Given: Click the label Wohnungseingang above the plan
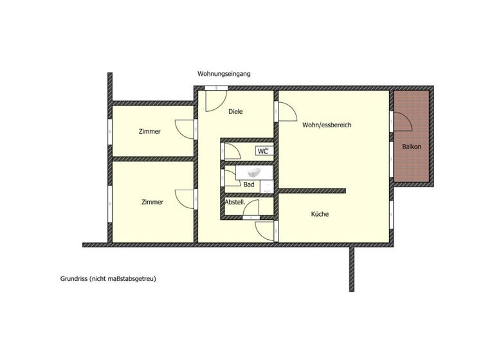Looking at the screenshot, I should coord(224,74).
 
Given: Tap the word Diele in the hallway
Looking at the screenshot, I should coord(237,111).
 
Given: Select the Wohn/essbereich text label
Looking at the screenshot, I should coord(327,125).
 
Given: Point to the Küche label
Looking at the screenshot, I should coord(320,214).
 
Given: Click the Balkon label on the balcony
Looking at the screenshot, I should coord(412,147).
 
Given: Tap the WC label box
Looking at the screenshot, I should coord(262,151).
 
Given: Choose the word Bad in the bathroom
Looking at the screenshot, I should coord(249,184).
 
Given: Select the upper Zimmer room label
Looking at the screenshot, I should coord(149,131).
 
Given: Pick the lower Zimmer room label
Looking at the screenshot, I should coord(152,202).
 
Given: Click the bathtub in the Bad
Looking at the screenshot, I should coord(253,172).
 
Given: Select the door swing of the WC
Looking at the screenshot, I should coord(232,151).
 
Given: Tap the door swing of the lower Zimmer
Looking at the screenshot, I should coord(184,198).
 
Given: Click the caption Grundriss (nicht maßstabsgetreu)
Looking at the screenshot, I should coord(108,279).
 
